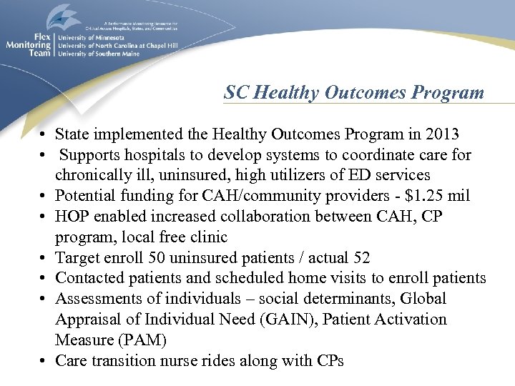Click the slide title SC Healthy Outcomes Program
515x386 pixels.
click(x=354, y=93)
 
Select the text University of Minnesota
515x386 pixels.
click(x=91, y=37)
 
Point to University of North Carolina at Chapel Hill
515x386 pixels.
click(x=117, y=45)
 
